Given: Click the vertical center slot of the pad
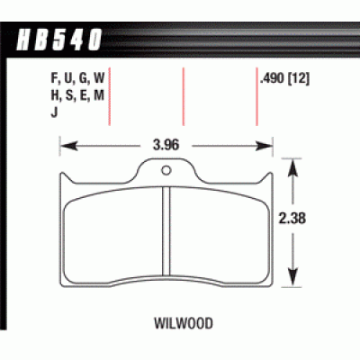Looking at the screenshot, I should click(166, 228).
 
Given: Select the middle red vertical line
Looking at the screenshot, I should click(184, 99).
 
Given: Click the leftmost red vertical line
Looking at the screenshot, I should click(110, 99).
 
